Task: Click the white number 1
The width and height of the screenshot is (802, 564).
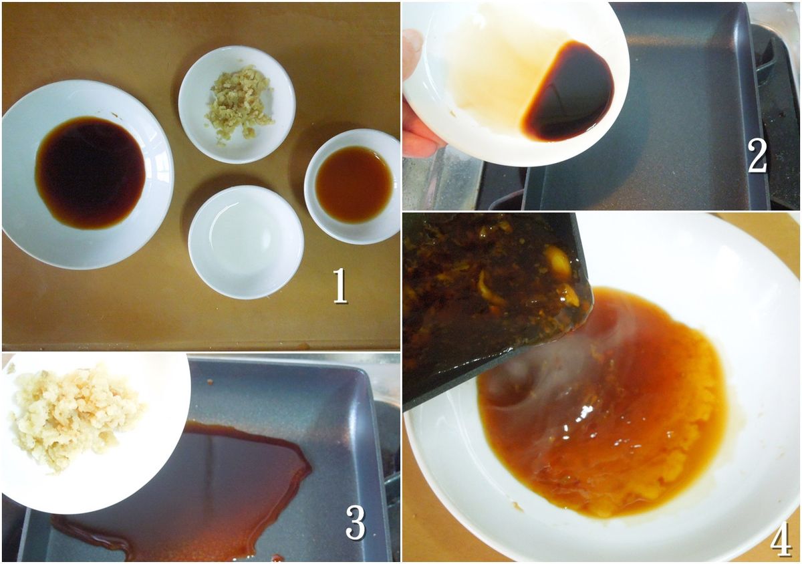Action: (340, 285)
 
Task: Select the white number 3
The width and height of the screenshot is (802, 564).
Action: (356, 523)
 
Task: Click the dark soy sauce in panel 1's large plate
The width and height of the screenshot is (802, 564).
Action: (91, 172)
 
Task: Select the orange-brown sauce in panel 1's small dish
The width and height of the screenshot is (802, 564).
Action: (354, 184)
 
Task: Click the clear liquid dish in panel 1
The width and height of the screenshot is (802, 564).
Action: (246, 242)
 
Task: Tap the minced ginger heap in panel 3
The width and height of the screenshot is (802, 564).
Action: (75, 416)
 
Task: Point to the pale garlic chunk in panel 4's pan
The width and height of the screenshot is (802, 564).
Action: (558, 263)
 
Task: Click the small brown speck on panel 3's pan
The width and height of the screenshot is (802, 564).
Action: (210, 382)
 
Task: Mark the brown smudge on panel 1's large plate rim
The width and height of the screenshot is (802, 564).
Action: (115, 116)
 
